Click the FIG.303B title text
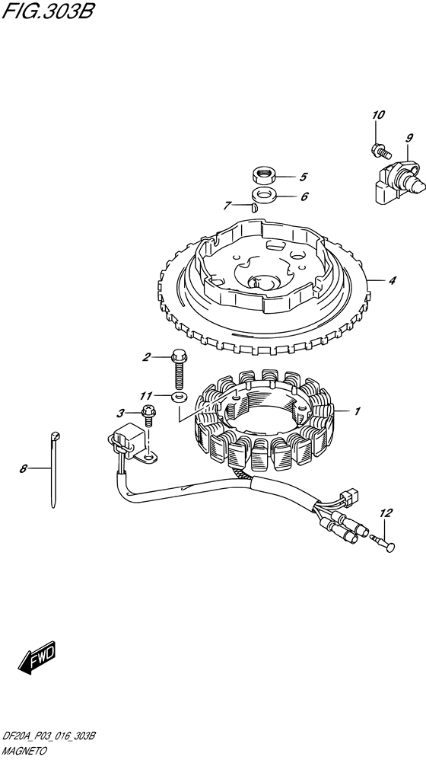[47, 11]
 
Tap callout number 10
[378, 115]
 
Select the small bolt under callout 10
[380, 151]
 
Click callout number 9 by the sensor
[409, 138]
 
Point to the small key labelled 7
[253, 208]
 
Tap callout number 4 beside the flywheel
[392, 280]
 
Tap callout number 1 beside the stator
[357, 411]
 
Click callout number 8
[23, 468]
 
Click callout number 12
[386, 513]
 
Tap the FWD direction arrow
[37, 658]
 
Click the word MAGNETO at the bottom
[24, 752]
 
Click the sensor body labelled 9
[399, 182]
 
